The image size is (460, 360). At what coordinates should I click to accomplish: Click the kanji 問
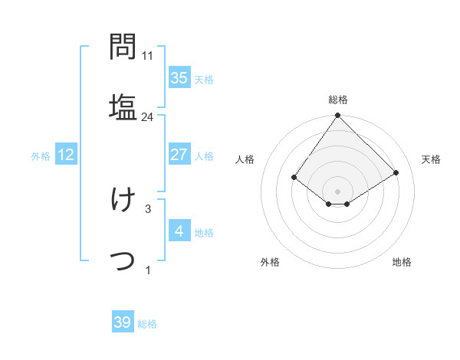(123, 47)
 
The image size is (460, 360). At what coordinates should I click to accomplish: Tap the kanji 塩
(123, 106)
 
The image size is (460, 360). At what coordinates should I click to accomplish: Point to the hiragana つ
(123, 260)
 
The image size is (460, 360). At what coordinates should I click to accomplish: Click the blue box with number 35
(179, 77)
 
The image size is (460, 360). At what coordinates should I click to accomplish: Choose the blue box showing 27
(179, 155)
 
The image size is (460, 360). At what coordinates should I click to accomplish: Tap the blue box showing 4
(179, 231)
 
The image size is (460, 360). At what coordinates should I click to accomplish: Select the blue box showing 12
(66, 155)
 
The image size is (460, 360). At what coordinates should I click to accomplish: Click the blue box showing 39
(123, 322)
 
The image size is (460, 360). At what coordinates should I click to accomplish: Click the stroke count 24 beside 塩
(148, 117)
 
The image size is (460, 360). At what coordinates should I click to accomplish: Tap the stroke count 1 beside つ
(148, 269)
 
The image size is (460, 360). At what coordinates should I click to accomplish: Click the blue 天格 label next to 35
(203, 79)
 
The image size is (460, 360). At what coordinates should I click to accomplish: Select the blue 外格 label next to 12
(41, 155)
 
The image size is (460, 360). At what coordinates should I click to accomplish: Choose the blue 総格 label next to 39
(147, 324)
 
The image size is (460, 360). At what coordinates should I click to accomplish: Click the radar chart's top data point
(337, 116)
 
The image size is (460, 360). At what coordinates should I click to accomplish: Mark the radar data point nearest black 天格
(396, 173)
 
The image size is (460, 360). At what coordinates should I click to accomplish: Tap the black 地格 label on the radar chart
(402, 262)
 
